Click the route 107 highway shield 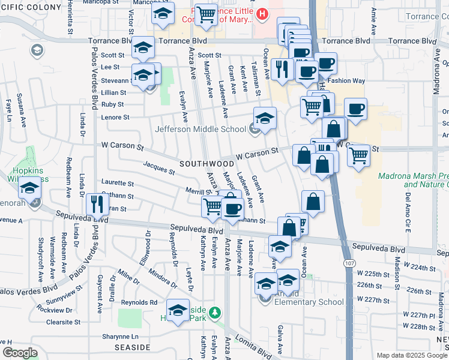coord(348,263)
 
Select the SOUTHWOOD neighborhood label coord(206,163)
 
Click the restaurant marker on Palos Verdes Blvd coord(96,205)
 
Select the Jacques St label coord(158,167)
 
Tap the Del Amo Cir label coord(408,206)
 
